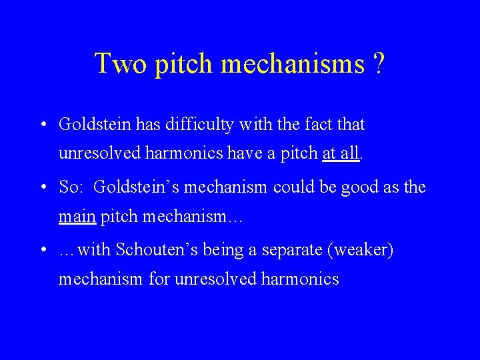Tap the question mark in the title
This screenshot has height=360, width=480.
(x=379, y=64)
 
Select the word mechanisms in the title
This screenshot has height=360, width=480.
(x=293, y=64)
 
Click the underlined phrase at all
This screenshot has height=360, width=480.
(x=341, y=153)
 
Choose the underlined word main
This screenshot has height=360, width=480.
(x=77, y=217)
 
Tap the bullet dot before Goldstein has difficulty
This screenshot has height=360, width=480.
(x=42, y=125)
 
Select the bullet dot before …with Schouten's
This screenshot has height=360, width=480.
(x=42, y=250)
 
